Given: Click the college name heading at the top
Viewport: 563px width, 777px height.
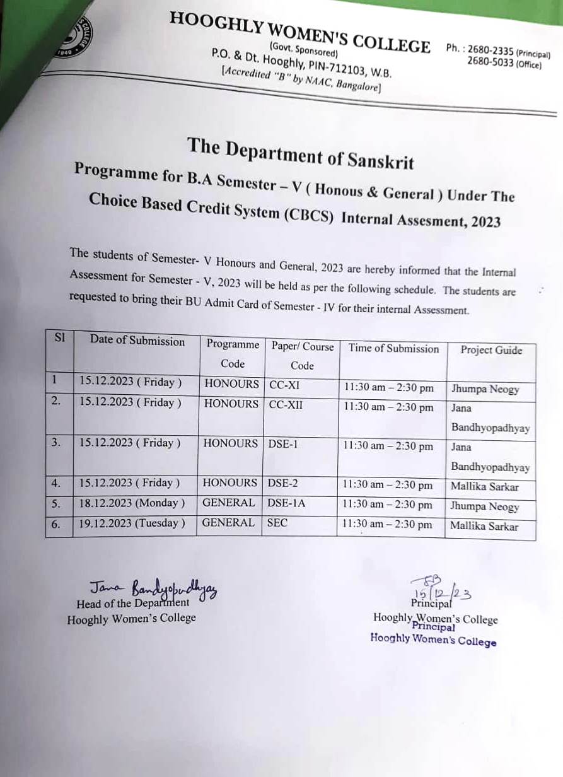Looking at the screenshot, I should click(x=299, y=32).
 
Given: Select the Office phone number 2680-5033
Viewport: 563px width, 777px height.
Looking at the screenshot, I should click(x=490, y=62).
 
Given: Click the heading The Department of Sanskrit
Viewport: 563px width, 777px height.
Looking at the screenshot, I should click(x=300, y=153).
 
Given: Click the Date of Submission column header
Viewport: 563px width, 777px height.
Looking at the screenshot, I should click(x=137, y=341).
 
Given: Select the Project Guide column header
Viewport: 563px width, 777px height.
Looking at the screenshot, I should click(x=490, y=350).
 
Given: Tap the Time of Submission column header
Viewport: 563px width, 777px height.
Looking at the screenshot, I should click(x=393, y=348).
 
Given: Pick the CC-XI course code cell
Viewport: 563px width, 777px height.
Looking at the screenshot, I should click(x=284, y=384).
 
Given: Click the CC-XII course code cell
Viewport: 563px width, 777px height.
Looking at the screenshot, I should click(x=286, y=404).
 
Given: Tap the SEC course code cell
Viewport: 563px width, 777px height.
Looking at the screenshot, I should click(x=277, y=523).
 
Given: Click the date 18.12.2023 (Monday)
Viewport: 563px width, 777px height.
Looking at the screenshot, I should click(x=132, y=503).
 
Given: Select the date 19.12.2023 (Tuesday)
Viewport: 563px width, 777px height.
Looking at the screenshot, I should click(x=132, y=523).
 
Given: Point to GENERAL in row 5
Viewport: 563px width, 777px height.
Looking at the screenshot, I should click(x=228, y=503).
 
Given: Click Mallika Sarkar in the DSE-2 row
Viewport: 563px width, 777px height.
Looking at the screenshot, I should click(x=484, y=486).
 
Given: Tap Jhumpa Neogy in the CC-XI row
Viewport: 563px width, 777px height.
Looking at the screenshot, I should click(x=485, y=389).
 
